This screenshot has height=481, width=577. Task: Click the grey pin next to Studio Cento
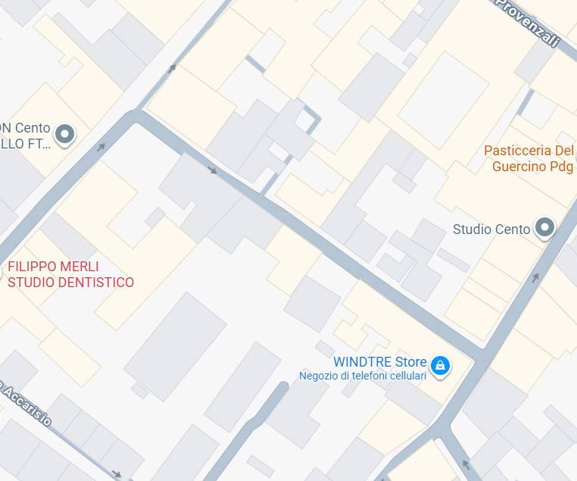544,227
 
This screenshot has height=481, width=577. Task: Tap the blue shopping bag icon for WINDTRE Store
440,367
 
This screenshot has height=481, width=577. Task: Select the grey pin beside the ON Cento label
65,135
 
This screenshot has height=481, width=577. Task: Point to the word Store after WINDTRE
410,362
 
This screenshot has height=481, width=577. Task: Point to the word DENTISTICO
98,283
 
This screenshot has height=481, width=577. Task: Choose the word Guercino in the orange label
522,166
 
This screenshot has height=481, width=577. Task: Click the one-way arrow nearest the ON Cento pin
101,146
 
